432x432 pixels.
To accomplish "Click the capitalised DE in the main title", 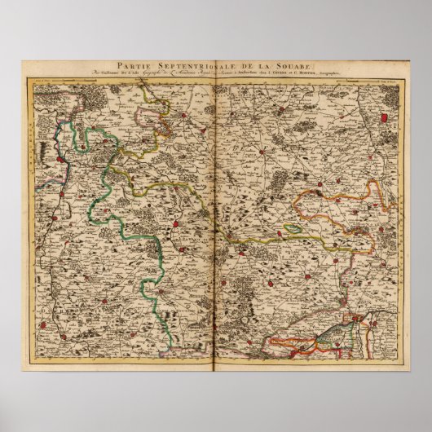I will tap(250, 69).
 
